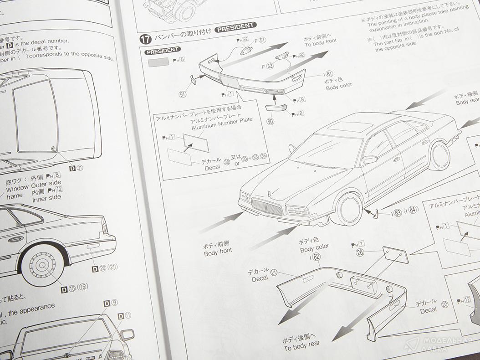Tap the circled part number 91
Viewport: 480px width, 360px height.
(x=183, y=94)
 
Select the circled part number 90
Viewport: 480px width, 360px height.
(x=271, y=122)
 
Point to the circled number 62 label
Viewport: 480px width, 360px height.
(x=317, y=257)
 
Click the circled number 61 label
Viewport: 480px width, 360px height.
(x=329, y=73)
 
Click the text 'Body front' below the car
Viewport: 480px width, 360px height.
(x=218, y=251)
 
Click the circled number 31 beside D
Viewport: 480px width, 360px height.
(x=80, y=168)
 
